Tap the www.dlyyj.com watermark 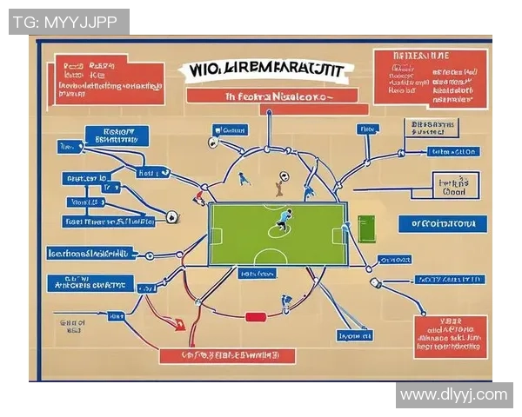click(x=452, y=394)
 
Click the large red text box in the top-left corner click(x=109, y=80)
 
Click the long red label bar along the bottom click(x=227, y=355)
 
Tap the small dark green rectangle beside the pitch click(x=365, y=228)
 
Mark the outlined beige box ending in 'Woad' click(x=455, y=188)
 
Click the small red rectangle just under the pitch click(x=254, y=316)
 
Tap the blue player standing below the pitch click(x=285, y=302)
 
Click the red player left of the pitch click(x=199, y=197)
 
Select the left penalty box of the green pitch click(x=217, y=235)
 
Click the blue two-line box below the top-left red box click(x=117, y=135)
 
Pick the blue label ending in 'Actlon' click(x=452, y=152)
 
